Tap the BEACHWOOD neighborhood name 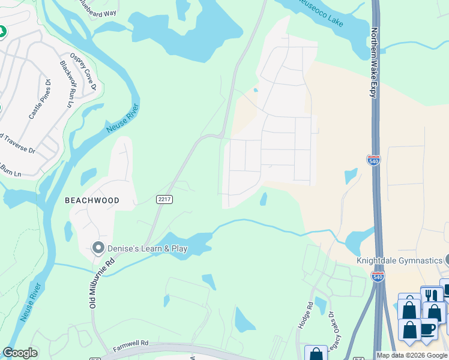[92, 200]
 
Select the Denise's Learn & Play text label [148, 248]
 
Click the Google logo [20, 353]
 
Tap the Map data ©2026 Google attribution [412, 355]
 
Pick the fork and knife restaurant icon [431, 295]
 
